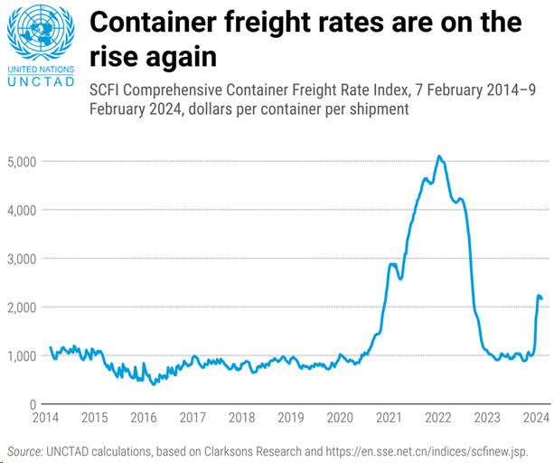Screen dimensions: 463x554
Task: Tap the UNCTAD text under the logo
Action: [x=37, y=81]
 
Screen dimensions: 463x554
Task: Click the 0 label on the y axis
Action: [x=31, y=404]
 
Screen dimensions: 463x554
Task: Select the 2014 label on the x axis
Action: [x=45, y=418]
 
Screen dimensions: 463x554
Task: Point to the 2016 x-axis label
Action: [x=143, y=418]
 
